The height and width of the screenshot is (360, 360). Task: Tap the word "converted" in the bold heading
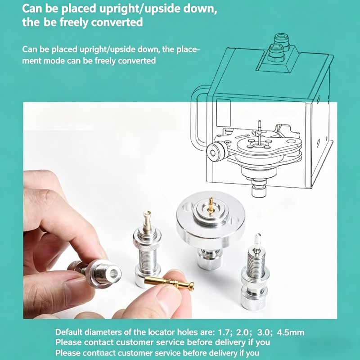tap(117, 22)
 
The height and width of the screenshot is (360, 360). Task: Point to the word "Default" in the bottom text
tap(69, 332)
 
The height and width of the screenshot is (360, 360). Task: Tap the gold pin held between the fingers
tap(169, 283)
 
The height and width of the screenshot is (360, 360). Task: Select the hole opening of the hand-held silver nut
tap(114, 273)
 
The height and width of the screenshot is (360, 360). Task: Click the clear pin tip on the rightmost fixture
tap(257, 240)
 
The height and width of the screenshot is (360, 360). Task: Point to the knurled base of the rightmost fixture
tap(253, 300)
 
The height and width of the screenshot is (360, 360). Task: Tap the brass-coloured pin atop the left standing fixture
tap(147, 220)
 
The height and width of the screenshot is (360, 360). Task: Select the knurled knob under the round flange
tap(209, 261)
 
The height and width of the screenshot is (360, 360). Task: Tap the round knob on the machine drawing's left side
tap(216, 152)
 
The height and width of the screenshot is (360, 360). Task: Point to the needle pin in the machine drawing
tap(260, 132)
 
